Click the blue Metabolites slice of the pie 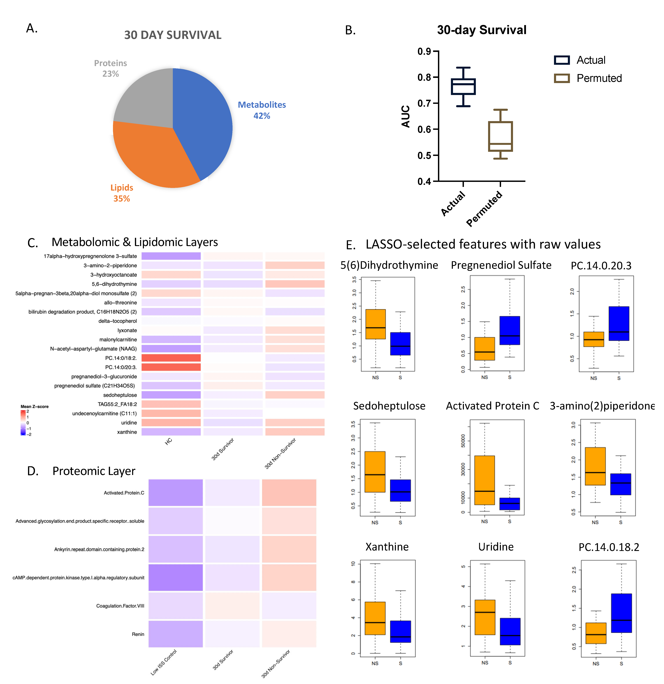click(202, 122)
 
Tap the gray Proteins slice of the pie click(147, 98)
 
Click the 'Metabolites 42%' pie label click(262, 110)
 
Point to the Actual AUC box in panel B click(463, 87)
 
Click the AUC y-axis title click(406, 116)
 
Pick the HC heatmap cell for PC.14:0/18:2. click(171, 358)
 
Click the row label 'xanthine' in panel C click(127, 432)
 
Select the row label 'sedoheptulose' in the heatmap click(120, 395)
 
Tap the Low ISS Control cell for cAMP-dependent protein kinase click(175, 577)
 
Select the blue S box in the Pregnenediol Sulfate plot click(509, 330)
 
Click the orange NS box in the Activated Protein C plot click(484, 480)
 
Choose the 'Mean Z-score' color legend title click(35, 407)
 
